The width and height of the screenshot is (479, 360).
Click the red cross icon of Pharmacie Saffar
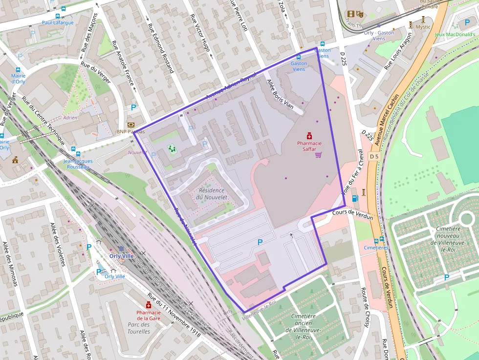[x=309, y=135]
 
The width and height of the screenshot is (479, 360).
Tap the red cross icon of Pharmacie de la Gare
[x=149, y=305]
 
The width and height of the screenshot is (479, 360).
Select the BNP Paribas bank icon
[x=131, y=125]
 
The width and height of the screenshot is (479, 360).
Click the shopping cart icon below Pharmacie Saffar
[x=319, y=155]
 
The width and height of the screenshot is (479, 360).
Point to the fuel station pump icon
[x=355, y=198]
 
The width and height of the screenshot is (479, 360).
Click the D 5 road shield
[x=374, y=156]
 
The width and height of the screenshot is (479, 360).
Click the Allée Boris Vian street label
[x=280, y=94]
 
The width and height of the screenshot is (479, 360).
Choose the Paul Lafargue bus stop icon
[x=63, y=9]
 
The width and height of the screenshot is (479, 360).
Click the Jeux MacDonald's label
[x=455, y=34]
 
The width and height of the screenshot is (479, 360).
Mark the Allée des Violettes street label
[x=58, y=244]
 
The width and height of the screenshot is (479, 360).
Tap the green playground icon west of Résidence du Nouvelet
[x=172, y=148]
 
